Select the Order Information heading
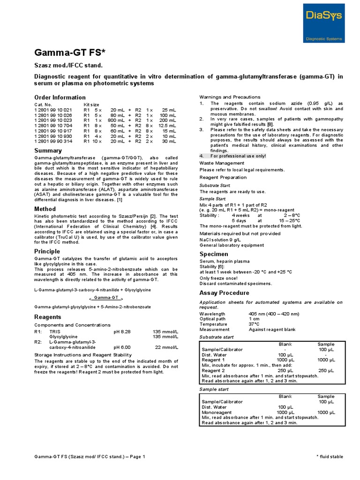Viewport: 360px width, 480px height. click(59, 97)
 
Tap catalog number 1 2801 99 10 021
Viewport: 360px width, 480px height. click(53, 109)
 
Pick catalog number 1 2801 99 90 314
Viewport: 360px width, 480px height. click(53, 141)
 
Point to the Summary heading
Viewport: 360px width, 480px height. click(48, 150)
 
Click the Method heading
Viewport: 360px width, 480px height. click(45, 209)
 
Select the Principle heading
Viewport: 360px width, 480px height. click(47, 251)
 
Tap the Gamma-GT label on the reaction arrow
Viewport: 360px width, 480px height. click(105, 298)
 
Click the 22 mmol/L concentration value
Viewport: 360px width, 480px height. click(166, 347)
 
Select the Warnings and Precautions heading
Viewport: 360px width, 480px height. click(230, 97)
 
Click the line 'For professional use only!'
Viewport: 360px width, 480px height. click(238, 156)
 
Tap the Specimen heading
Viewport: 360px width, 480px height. click(215, 254)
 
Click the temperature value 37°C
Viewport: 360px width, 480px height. click(255, 324)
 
